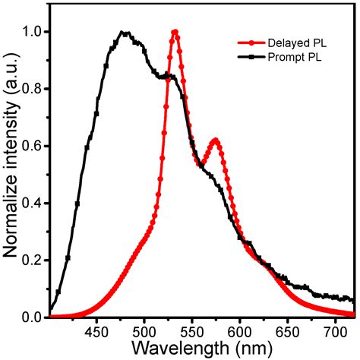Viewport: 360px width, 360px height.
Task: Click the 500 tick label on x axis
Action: [144, 332]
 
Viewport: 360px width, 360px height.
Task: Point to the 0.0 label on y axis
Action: [34, 317]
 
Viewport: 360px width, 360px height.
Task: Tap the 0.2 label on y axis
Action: [34, 260]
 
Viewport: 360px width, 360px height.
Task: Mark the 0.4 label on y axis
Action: [34, 203]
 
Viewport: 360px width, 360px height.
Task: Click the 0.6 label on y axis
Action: [34, 146]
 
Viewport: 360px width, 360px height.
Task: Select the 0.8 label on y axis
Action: [34, 89]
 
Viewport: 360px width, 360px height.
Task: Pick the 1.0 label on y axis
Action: [34, 32]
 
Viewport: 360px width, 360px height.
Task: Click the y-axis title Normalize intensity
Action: [11, 167]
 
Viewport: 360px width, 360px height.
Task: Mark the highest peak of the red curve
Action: [175, 32]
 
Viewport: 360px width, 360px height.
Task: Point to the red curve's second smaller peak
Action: [216, 141]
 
